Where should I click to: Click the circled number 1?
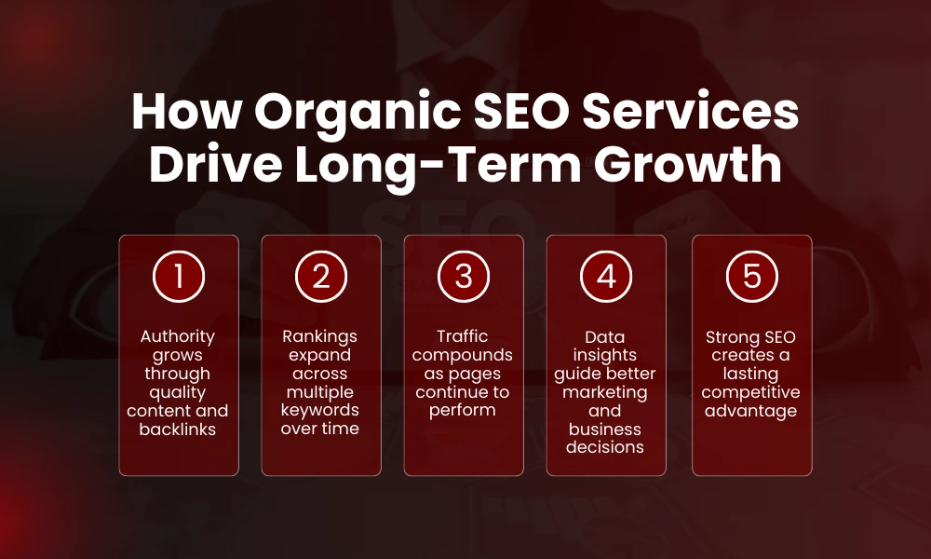point(178,278)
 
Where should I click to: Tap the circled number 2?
point(320,278)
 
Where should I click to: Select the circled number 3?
point(463,278)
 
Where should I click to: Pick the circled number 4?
point(605,278)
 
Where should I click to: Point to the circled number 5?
point(751,278)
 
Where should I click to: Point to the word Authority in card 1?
point(178,336)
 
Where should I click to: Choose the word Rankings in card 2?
point(320,336)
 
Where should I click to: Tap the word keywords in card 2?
point(320,411)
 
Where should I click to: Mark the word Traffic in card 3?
point(463,336)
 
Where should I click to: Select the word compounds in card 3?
point(463,355)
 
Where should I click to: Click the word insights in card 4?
point(605,355)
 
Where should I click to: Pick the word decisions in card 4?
point(605,446)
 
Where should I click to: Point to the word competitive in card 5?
point(751,392)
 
